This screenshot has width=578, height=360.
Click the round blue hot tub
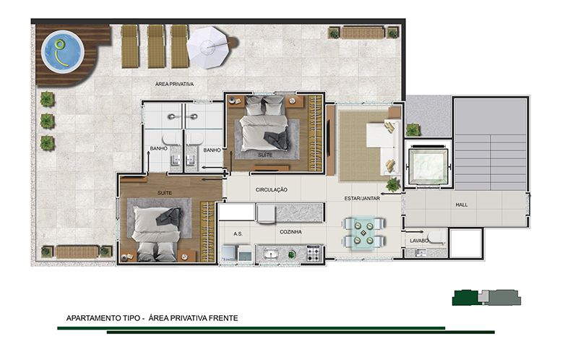click(x=62, y=51)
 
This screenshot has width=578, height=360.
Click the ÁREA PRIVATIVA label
click(x=174, y=84)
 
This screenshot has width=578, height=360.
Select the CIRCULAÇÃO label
click(x=272, y=189)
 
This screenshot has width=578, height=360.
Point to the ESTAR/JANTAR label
click(x=362, y=199)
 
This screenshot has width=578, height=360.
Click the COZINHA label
click(x=290, y=232)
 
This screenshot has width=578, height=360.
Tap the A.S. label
click(x=238, y=233)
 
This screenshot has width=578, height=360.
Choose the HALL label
click(x=462, y=205)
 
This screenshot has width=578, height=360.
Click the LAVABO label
click(x=419, y=241)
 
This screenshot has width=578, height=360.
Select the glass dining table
click(x=363, y=233)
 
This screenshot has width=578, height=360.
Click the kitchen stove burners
click(x=314, y=254)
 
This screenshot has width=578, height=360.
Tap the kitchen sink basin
click(x=272, y=254)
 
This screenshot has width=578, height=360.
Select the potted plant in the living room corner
click(x=393, y=184)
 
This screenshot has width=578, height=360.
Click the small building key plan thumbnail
click(x=486, y=297)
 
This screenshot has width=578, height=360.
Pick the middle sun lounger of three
click(x=156, y=46)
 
